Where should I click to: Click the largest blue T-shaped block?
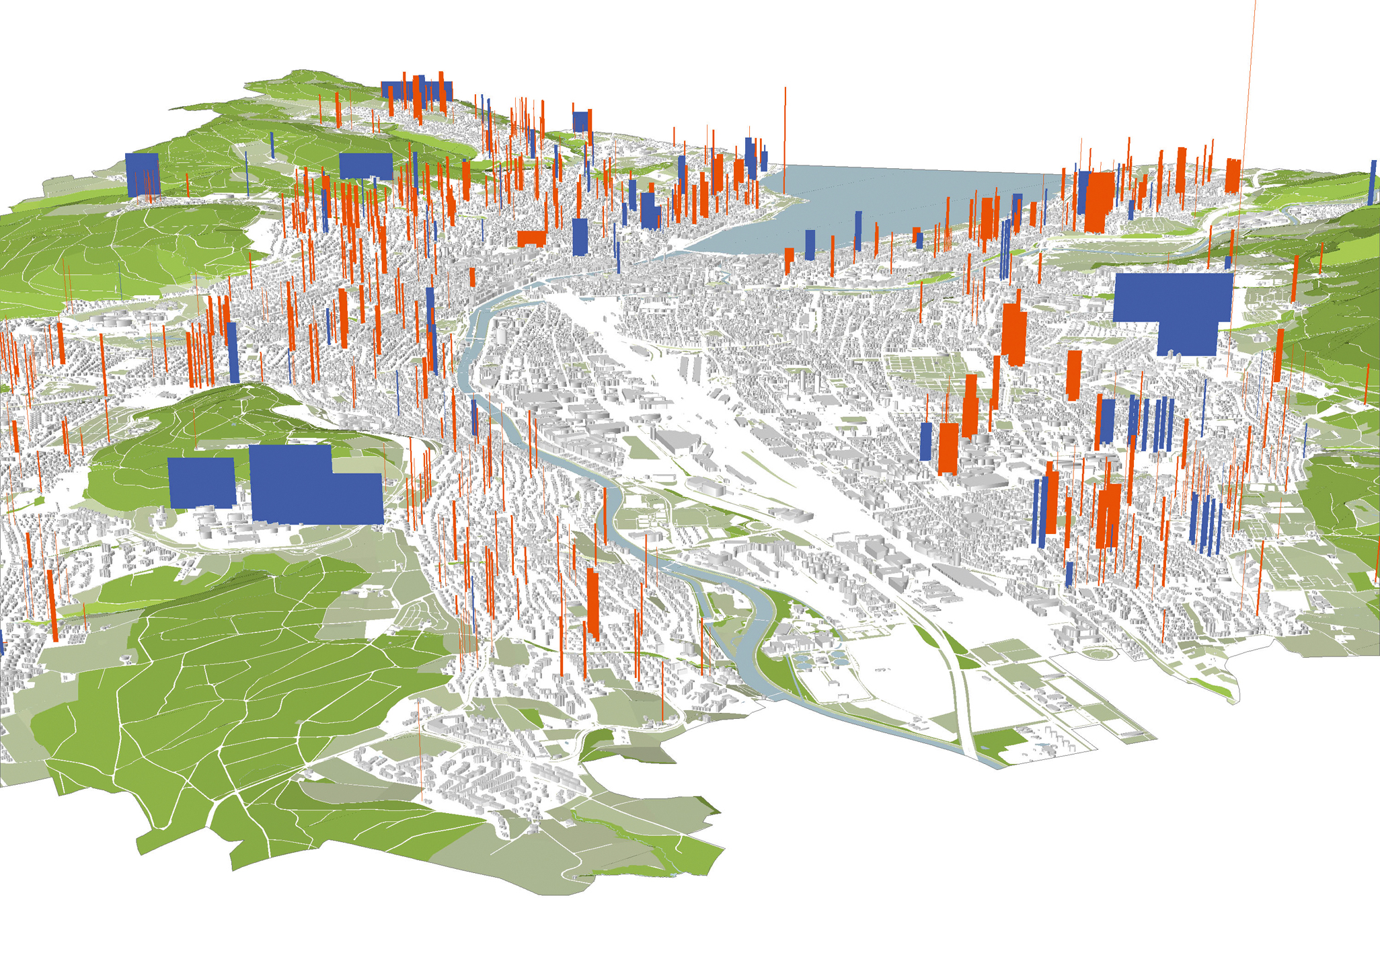1174,306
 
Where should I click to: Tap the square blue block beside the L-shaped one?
201,482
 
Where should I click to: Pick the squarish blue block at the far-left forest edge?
142,174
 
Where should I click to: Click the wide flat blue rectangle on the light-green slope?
366,165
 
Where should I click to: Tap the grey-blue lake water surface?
908,195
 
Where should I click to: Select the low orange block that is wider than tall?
531,238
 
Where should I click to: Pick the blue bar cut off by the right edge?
1373,182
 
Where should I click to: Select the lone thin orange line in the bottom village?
420,747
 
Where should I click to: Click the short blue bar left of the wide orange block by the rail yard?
926,441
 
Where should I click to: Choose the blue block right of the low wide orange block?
580,236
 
